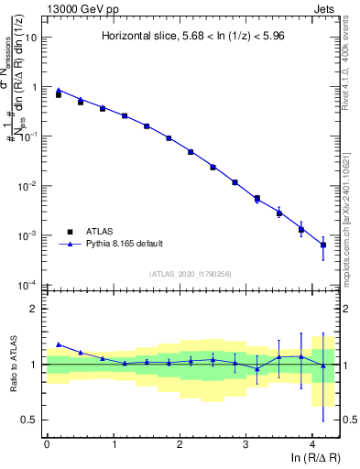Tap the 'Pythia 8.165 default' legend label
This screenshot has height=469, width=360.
click(x=124, y=244)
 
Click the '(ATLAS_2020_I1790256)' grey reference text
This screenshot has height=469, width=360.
click(x=191, y=273)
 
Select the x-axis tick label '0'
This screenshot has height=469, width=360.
click(x=47, y=444)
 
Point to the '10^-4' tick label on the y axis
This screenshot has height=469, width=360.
click(x=29, y=285)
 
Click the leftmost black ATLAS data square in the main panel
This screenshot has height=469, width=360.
click(x=59, y=94)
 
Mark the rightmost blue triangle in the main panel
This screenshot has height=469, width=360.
click(x=323, y=245)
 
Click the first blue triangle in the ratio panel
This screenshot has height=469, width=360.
click(x=59, y=344)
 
